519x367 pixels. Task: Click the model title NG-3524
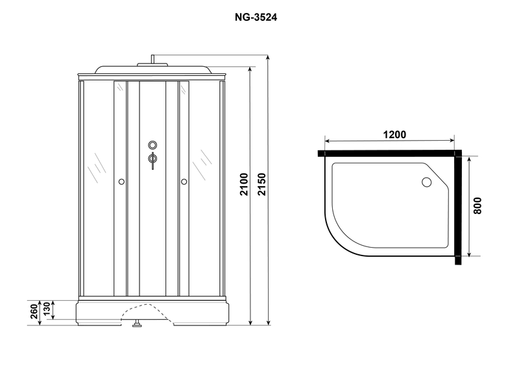point(256,18)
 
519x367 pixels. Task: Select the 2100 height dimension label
point(244,184)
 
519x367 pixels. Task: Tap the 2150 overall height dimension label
point(262,184)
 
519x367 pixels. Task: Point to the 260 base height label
point(34,311)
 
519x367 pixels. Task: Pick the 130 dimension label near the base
point(47,309)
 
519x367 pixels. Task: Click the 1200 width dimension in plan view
point(394,135)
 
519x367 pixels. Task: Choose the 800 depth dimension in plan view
point(477,206)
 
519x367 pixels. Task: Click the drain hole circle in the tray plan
point(427,182)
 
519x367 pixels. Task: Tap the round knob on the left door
point(121,182)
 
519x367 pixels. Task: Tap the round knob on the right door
point(184,182)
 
